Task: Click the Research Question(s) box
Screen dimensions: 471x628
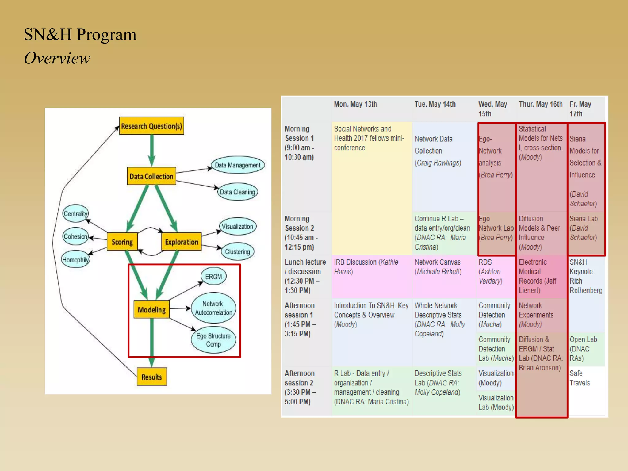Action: [x=151, y=126]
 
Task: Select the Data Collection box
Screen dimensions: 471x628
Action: [x=151, y=176]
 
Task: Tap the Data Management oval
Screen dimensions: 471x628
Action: [x=238, y=165]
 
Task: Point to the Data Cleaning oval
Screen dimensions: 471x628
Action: [x=238, y=192]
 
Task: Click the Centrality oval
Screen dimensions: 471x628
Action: [x=75, y=213]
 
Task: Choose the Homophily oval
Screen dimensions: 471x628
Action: [x=75, y=260]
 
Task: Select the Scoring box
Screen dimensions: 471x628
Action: [x=122, y=242]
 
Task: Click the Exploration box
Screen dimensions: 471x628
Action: [x=182, y=242]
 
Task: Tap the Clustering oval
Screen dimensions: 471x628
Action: [x=238, y=251]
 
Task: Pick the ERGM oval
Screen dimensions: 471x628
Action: [x=213, y=277]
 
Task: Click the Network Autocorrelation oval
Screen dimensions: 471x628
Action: [x=213, y=308]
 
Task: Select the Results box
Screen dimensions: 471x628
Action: [x=151, y=377]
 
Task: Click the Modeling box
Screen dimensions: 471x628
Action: [x=151, y=309]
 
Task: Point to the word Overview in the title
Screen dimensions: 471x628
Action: [x=57, y=58]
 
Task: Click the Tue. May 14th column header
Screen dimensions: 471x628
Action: [x=435, y=104]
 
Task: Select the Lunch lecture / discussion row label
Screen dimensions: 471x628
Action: [x=305, y=276]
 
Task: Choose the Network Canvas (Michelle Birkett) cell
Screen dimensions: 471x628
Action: [x=438, y=267]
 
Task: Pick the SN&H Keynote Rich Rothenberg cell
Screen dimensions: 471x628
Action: [x=586, y=276]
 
